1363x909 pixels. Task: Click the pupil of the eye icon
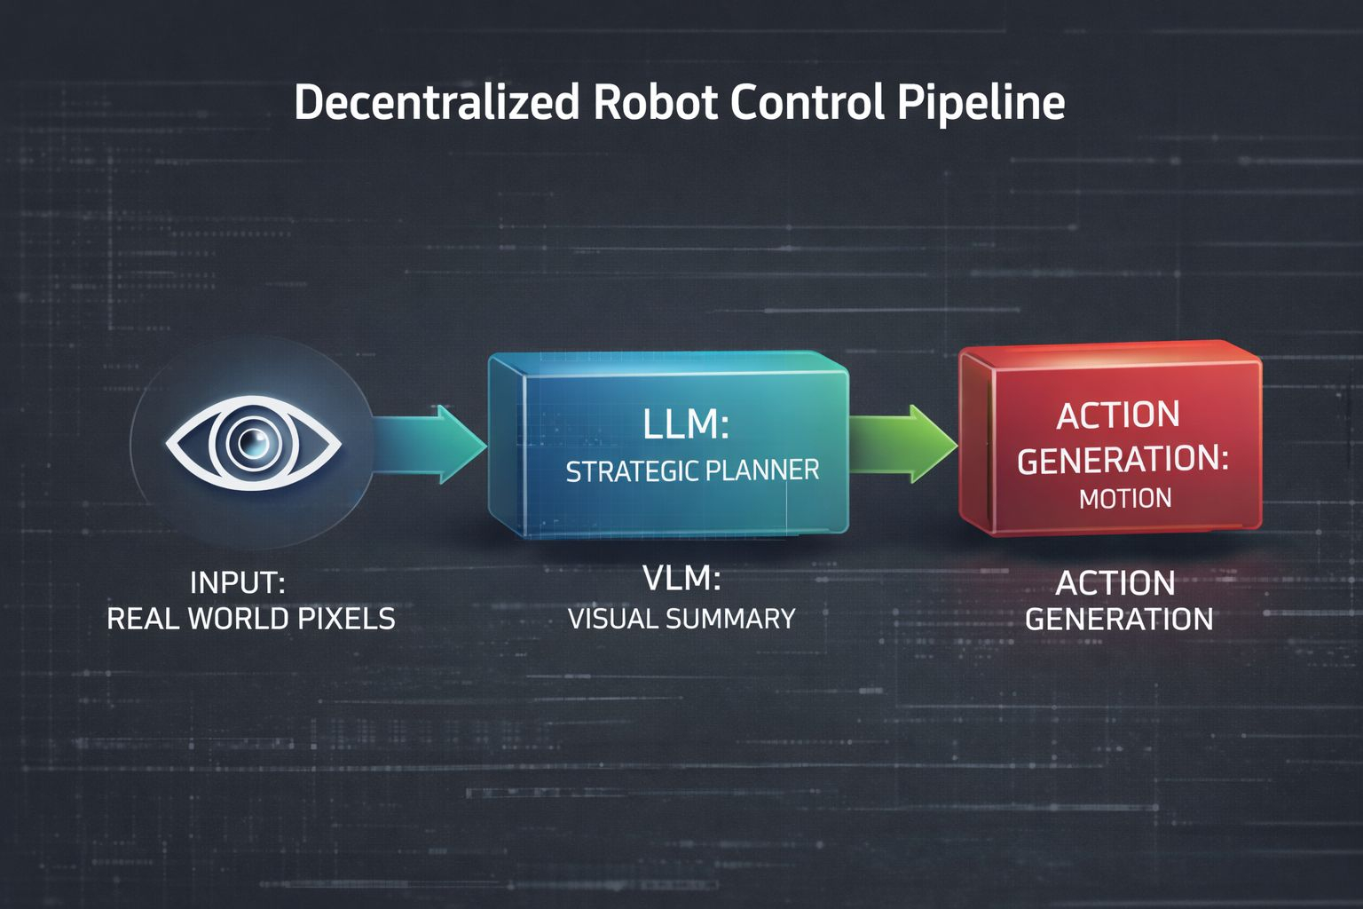pos(254,441)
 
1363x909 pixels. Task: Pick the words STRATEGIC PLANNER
pos(692,470)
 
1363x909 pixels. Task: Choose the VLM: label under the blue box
pos(681,579)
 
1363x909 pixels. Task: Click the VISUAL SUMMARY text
pos(681,619)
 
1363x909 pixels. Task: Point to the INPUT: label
pos(237,583)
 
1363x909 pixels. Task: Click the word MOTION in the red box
pos(1125,498)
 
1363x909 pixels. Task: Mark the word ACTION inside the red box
pos(1118,415)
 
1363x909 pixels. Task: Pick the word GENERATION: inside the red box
pos(1123,460)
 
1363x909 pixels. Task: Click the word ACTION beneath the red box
pos(1115,583)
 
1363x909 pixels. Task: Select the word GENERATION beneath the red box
pos(1119,619)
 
